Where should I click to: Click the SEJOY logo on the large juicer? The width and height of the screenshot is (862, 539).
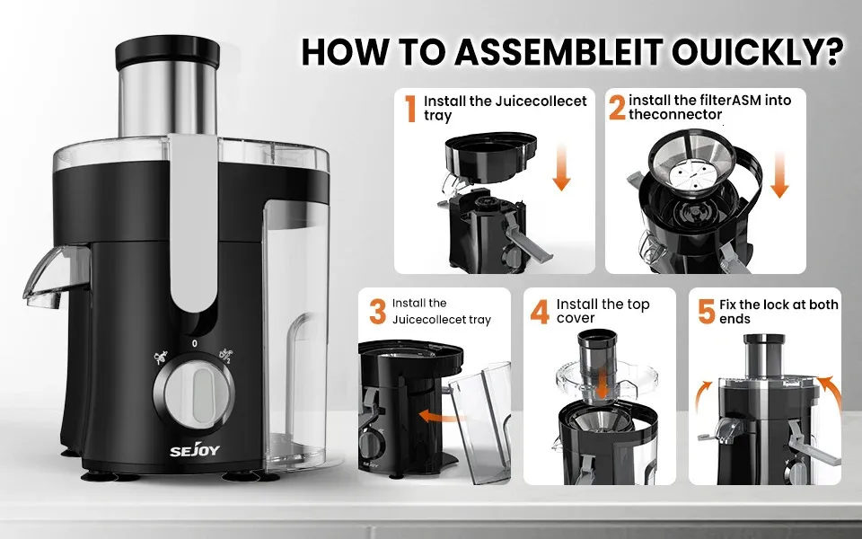195,450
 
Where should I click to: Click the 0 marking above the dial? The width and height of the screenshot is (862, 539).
195,344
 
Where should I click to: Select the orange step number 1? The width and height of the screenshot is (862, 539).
410,109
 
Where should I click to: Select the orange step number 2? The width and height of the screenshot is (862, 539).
617,108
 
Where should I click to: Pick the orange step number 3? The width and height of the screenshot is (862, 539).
377,312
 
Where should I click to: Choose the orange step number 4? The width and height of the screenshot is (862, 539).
540,312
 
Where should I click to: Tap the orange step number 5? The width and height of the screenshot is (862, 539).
707,312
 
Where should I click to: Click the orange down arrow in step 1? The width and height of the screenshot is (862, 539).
561,167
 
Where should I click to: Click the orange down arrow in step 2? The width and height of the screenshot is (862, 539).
779,175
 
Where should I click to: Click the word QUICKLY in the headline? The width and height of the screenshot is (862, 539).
758,52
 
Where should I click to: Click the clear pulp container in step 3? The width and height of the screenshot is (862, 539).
479,420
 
